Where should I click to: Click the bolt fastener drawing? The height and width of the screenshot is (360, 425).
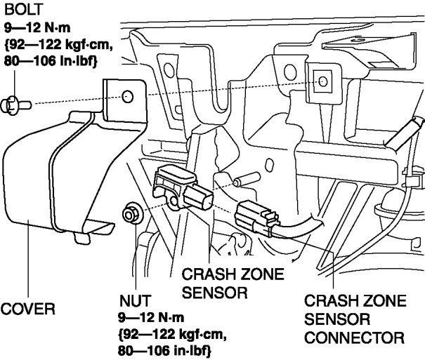(15, 105)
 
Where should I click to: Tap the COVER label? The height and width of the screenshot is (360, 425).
(27, 308)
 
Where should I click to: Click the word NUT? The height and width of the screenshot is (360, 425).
(134, 301)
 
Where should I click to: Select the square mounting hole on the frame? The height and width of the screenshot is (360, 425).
(322, 81)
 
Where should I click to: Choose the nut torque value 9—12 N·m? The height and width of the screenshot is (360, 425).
(152, 317)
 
